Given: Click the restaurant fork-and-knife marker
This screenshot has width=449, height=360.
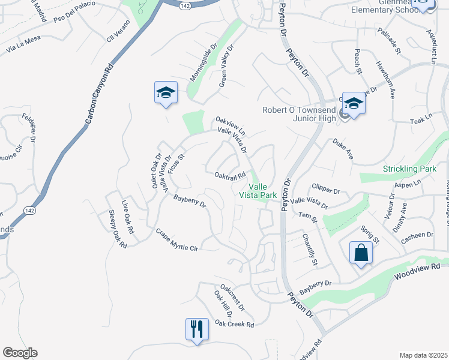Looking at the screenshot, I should point(197,329).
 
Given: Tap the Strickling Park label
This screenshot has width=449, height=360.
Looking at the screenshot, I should point(409,169).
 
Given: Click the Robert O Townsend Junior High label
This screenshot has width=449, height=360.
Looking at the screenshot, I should point(300,114).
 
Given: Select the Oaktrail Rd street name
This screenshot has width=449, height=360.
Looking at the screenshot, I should point(231,175).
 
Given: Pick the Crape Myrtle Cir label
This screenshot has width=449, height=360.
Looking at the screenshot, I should point(176,240).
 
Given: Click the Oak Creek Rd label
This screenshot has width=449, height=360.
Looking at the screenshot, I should point(235,324).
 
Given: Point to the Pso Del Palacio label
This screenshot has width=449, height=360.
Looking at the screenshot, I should point(74,13).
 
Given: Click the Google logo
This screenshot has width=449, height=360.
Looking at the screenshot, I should point(20,353).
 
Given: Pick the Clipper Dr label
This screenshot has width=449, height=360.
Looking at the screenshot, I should point(324,191).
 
